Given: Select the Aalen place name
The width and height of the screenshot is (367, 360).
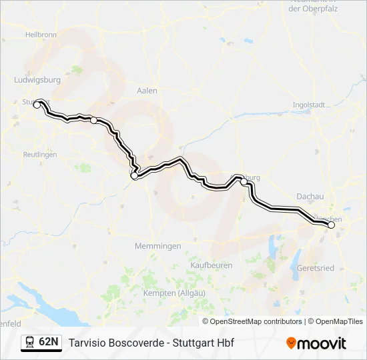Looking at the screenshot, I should [x=146, y=91].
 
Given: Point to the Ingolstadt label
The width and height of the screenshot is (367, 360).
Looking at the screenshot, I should [x=309, y=105].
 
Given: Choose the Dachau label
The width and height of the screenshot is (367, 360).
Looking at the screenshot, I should [x=310, y=197].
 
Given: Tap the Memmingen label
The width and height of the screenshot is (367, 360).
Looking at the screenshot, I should [x=158, y=246].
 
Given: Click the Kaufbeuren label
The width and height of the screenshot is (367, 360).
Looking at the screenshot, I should [x=212, y=265].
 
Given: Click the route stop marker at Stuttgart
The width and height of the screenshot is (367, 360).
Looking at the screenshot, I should [x=37, y=105].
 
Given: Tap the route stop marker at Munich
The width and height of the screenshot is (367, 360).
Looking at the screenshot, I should [x=331, y=225].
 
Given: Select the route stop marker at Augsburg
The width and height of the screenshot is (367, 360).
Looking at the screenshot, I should [x=244, y=181].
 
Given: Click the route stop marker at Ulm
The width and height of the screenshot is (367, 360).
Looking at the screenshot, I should [x=134, y=176].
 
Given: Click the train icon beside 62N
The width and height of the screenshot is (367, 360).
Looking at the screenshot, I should [x=30, y=342].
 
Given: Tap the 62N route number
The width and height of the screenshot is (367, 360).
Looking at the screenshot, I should [x=49, y=342].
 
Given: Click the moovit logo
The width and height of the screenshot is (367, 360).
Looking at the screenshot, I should [x=316, y=343].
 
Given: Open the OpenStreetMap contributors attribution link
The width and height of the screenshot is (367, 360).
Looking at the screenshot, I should [x=256, y=321].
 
